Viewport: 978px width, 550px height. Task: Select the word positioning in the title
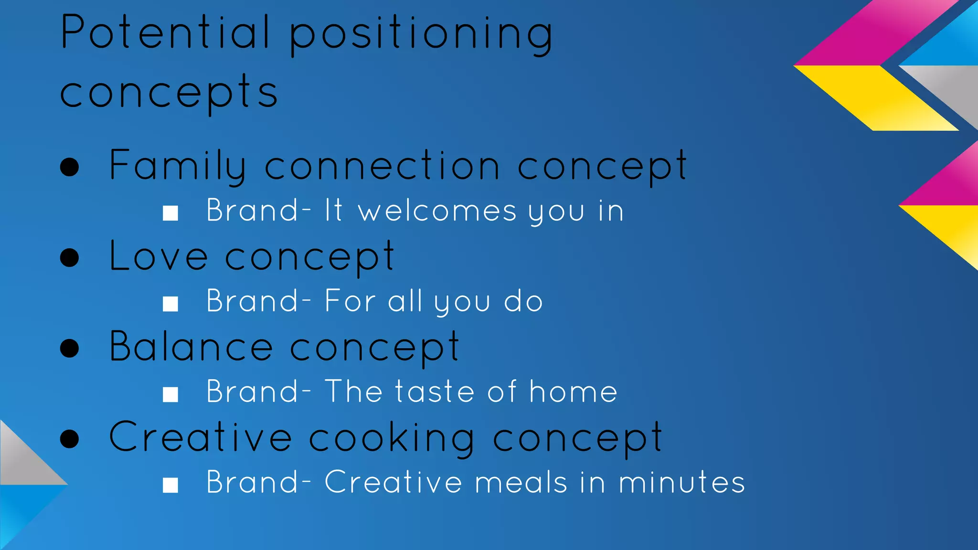pyautogui.click(x=421, y=34)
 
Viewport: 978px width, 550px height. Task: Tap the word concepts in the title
pyautogui.click(x=169, y=92)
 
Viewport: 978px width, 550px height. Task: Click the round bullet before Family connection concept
pyautogui.click(x=70, y=167)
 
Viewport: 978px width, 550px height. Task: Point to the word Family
pyautogui.click(x=178, y=166)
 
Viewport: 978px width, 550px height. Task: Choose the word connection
pyautogui.click(x=382, y=166)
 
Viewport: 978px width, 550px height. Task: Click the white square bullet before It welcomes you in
pyautogui.click(x=170, y=213)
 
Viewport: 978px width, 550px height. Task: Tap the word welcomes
pyautogui.click(x=437, y=211)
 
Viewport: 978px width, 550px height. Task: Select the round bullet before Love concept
pyautogui.click(x=70, y=258)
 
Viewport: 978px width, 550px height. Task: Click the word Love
pyautogui.click(x=159, y=256)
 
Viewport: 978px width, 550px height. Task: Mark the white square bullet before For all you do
pyautogui.click(x=170, y=304)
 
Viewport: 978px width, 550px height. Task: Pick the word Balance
pyautogui.click(x=191, y=347)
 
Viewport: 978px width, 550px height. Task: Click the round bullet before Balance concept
pyautogui.click(x=70, y=348)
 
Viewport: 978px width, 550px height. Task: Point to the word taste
pyautogui.click(x=434, y=391)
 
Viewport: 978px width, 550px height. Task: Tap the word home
pyautogui.click(x=573, y=391)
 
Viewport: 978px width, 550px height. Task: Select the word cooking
pyautogui.click(x=392, y=438)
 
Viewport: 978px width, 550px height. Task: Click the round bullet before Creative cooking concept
pyautogui.click(x=70, y=439)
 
